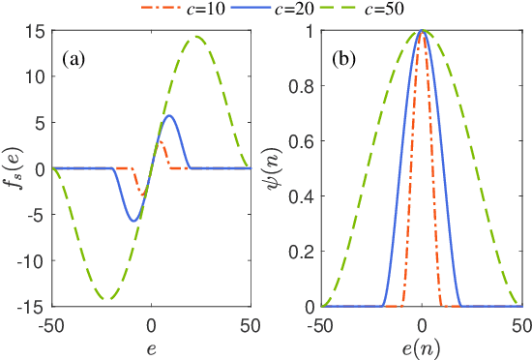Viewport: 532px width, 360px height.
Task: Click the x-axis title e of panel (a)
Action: [151, 345]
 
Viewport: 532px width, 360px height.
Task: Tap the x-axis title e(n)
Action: [423, 345]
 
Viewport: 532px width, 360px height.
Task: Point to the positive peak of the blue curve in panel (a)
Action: [169, 116]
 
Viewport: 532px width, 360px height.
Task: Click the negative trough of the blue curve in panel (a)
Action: [134, 221]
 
